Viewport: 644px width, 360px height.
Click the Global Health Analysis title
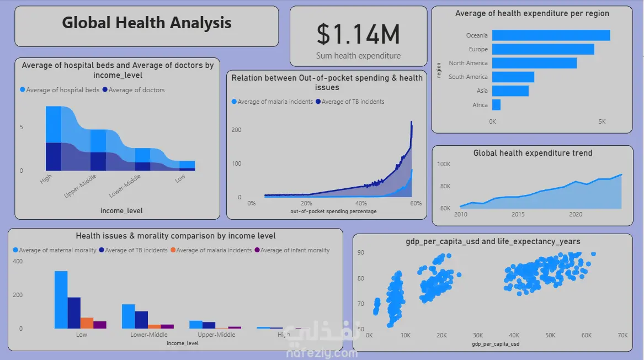pos(146,23)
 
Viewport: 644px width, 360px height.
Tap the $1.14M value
pos(358,35)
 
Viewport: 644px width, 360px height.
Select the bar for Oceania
pos(551,35)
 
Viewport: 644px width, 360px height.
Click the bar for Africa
pos(496,105)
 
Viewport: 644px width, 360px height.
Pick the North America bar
pos(534,63)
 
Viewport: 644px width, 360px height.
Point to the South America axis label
pos(468,77)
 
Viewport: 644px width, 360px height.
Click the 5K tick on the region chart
pos(602,121)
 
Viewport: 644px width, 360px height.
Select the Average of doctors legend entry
pos(136,90)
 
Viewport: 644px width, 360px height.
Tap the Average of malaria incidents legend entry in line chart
pos(275,102)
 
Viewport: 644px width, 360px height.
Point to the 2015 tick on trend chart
pos(518,214)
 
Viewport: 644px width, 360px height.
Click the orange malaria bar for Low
pos(87,323)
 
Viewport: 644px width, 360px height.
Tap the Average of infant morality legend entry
pos(295,250)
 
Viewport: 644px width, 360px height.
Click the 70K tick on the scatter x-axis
pos(622,335)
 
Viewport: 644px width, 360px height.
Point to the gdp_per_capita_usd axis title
pos(496,344)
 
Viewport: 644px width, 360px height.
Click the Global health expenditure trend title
pos(533,153)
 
